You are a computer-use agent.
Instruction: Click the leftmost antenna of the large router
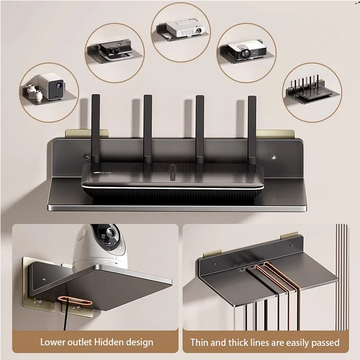pos(95,129)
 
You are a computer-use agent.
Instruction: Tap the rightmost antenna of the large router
pos(252,130)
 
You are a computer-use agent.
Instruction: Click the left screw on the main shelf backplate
pos(86,157)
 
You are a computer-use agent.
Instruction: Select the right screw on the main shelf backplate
pos(273,157)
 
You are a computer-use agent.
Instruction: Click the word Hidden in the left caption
pos(109,342)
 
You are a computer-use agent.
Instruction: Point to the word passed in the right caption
pos(325,343)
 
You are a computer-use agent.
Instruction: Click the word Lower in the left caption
pos(52,342)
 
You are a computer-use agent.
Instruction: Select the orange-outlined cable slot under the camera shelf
pos(75,301)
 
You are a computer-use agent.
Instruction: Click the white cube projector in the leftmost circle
pos(51,86)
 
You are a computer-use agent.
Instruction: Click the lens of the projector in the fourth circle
pos(245,54)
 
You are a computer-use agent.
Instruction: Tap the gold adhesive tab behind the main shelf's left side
pos(87,133)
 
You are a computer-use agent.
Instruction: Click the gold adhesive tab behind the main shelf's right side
pos(275,134)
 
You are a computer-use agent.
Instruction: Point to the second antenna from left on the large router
pos(148,129)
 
